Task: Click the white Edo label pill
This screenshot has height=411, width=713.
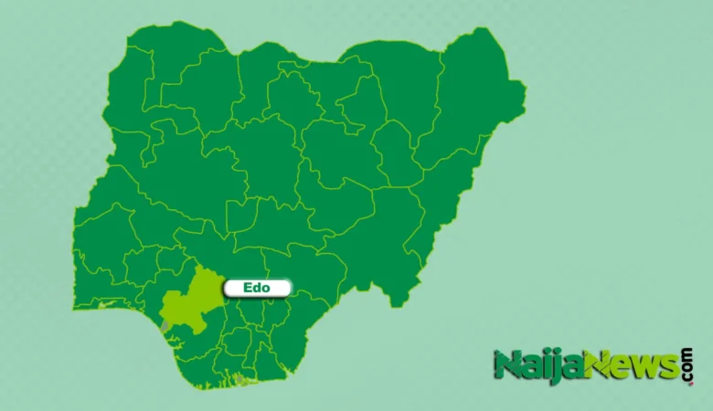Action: click(x=257, y=289)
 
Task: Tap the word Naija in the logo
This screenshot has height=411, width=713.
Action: click(x=529, y=365)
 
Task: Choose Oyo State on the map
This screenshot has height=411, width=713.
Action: click(x=101, y=237)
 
